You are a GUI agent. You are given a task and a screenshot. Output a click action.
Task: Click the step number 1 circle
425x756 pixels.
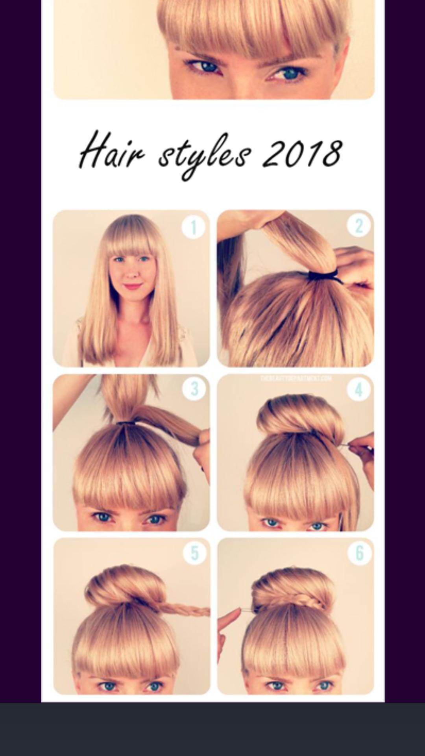point(193,227)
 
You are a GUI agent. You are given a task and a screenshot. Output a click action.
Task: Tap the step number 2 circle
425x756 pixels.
point(358,226)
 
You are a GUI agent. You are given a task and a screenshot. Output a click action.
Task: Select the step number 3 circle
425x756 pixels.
point(194,389)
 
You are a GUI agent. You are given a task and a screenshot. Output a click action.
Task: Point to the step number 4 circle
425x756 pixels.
point(358,389)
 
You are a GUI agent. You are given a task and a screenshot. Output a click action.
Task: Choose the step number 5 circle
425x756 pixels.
point(195,553)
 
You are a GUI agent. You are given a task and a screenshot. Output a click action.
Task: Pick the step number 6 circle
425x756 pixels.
point(359,553)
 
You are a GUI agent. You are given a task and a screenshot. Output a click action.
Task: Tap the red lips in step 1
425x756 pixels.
point(132,286)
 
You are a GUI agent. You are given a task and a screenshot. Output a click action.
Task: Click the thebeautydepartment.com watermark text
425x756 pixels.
point(296,379)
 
